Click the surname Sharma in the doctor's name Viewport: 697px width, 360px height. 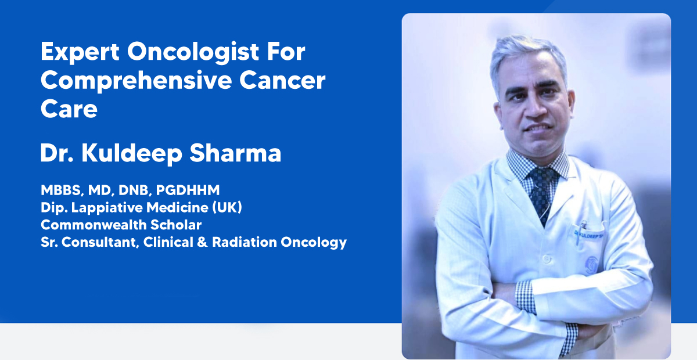point(235,153)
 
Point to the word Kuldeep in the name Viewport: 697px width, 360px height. point(132,154)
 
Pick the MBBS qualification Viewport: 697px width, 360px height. point(62,190)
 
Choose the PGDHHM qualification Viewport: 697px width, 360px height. point(188,190)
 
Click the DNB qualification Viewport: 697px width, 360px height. point(134,190)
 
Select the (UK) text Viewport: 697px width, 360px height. point(227,207)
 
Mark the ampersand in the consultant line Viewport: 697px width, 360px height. point(202,242)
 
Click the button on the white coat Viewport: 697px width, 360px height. point(547,258)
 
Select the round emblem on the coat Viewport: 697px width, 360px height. point(590,264)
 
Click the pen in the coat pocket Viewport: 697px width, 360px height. point(580,232)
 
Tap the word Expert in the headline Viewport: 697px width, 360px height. point(80,52)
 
